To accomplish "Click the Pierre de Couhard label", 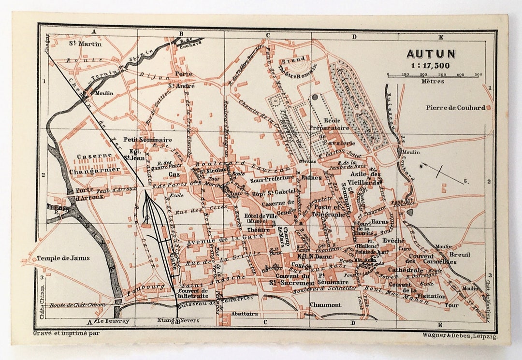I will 454,107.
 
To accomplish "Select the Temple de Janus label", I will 63,258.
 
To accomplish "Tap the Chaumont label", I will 325,305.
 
